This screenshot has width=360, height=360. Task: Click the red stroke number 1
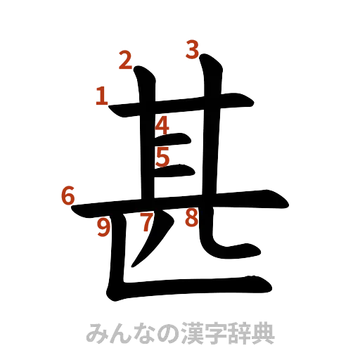pos(102,96)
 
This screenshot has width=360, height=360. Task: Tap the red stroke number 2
pos(126,62)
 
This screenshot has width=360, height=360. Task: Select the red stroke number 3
pos(193,50)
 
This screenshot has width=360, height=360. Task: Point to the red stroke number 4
pos(162,126)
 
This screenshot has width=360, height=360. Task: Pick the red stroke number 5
pos(162,157)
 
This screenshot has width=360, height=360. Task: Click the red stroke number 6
pos(67,196)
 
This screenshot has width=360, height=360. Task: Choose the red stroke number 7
pos(146,223)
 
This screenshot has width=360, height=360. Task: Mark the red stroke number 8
pos(190,219)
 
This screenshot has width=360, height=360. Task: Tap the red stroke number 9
pos(104,227)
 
